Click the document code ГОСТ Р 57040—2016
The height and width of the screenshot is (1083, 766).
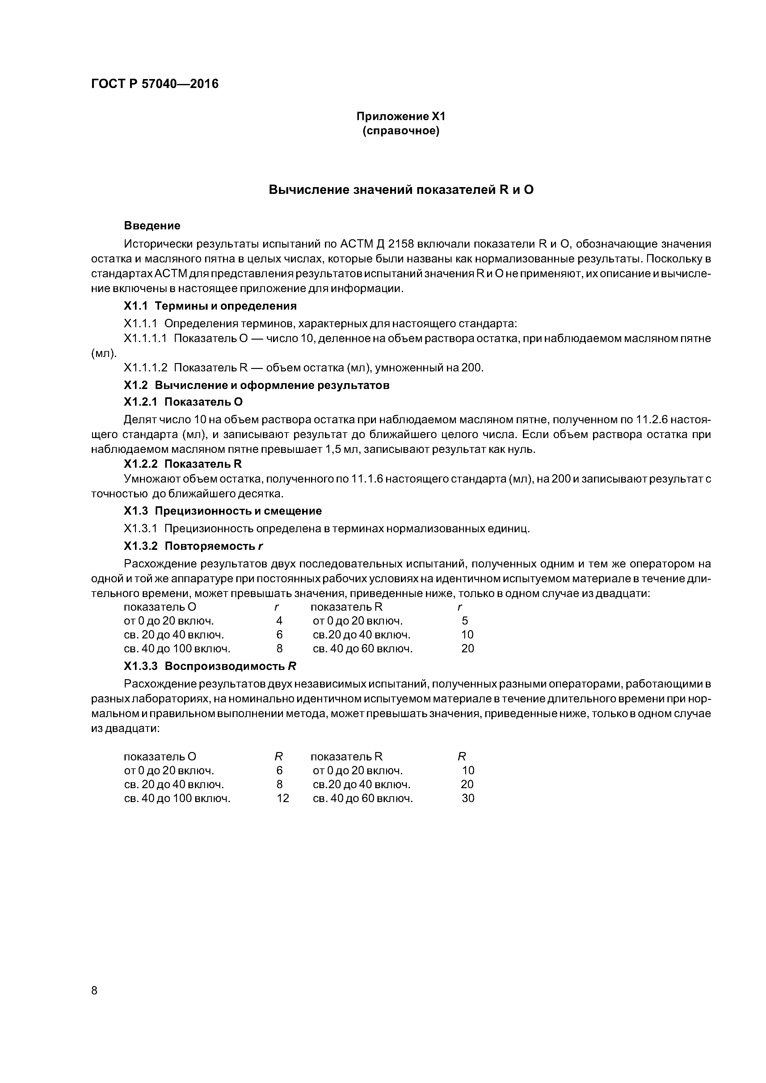tap(155, 84)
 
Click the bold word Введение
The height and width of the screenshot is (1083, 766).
tap(152, 225)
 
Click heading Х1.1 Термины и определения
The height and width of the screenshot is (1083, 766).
tap(210, 306)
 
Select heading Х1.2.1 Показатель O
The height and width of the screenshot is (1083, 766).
tap(183, 402)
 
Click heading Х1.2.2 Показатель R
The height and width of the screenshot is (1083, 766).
tap(183, 464)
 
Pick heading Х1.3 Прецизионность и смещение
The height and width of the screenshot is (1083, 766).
tap(223, 511)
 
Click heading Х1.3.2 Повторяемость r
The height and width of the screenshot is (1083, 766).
tap(192, 546)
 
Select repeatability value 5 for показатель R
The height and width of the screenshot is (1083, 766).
tap(465, 621)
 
